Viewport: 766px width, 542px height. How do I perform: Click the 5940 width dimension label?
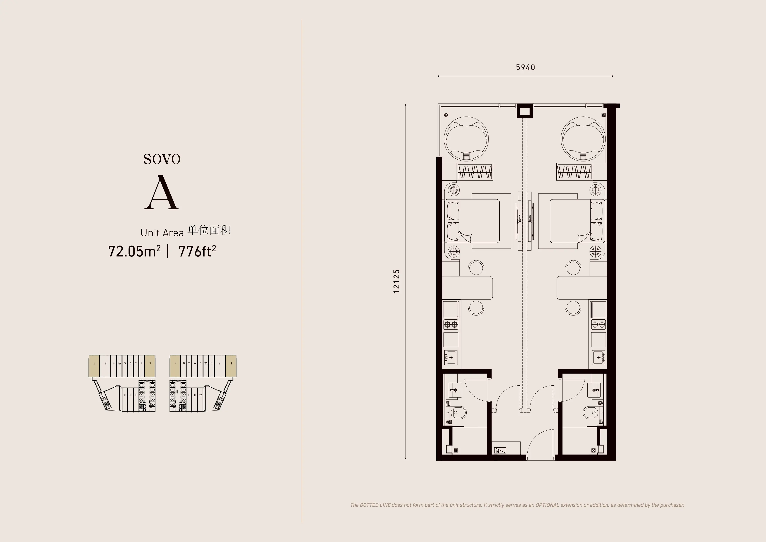pos(525,68)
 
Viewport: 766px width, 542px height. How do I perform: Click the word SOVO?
pos(162,159)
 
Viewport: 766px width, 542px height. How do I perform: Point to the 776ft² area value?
pos(197,251)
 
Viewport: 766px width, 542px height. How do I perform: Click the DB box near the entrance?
pos(500,450)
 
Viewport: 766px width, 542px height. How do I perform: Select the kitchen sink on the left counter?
pos(450,357)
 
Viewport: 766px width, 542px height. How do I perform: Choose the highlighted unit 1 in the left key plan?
pos(94,366)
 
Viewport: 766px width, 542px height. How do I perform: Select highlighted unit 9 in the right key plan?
pos(175,366)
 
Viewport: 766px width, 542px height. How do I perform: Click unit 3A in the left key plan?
pos(119,364)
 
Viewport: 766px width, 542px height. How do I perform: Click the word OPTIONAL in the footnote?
pos(547,505)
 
